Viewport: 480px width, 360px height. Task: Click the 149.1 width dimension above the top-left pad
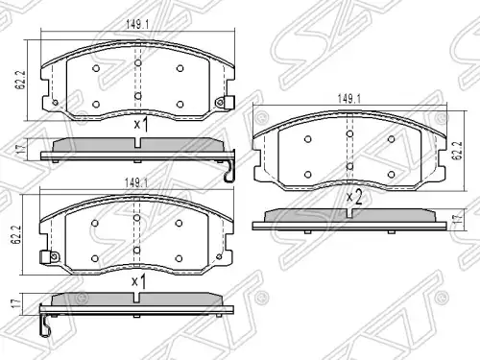[x=137, y=25]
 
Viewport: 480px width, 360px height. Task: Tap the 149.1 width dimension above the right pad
[x=349, y=99]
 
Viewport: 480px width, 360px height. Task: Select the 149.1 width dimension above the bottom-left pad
[x=136, y=182]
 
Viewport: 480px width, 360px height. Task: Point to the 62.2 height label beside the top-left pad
[x=21, y=80]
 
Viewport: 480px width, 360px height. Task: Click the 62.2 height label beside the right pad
[x=457, y=150]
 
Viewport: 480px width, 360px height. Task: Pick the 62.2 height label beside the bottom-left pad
[x=16, y=234]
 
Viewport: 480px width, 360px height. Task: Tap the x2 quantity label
[x=354, y=198]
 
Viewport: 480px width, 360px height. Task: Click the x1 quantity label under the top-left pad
[x=141, y=125]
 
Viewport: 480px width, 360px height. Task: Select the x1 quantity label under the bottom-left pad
[x=139, y=282]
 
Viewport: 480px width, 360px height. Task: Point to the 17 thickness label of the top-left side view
[x=21, y=149]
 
